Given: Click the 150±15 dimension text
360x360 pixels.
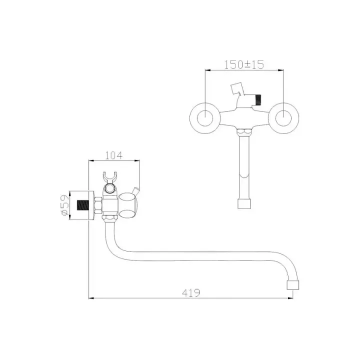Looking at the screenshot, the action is (244, 64).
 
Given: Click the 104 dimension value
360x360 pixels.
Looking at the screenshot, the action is (114, 155).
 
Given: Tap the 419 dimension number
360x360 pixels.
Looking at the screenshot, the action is (191, 292).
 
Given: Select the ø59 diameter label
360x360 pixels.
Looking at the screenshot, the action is (64, 205).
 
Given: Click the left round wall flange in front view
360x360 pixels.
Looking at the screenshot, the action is (205, 118).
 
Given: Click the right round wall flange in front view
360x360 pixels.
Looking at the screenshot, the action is (283, 118).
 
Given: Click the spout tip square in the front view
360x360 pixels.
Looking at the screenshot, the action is (244, 203).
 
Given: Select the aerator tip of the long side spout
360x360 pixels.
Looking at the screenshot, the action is (293, 284).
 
